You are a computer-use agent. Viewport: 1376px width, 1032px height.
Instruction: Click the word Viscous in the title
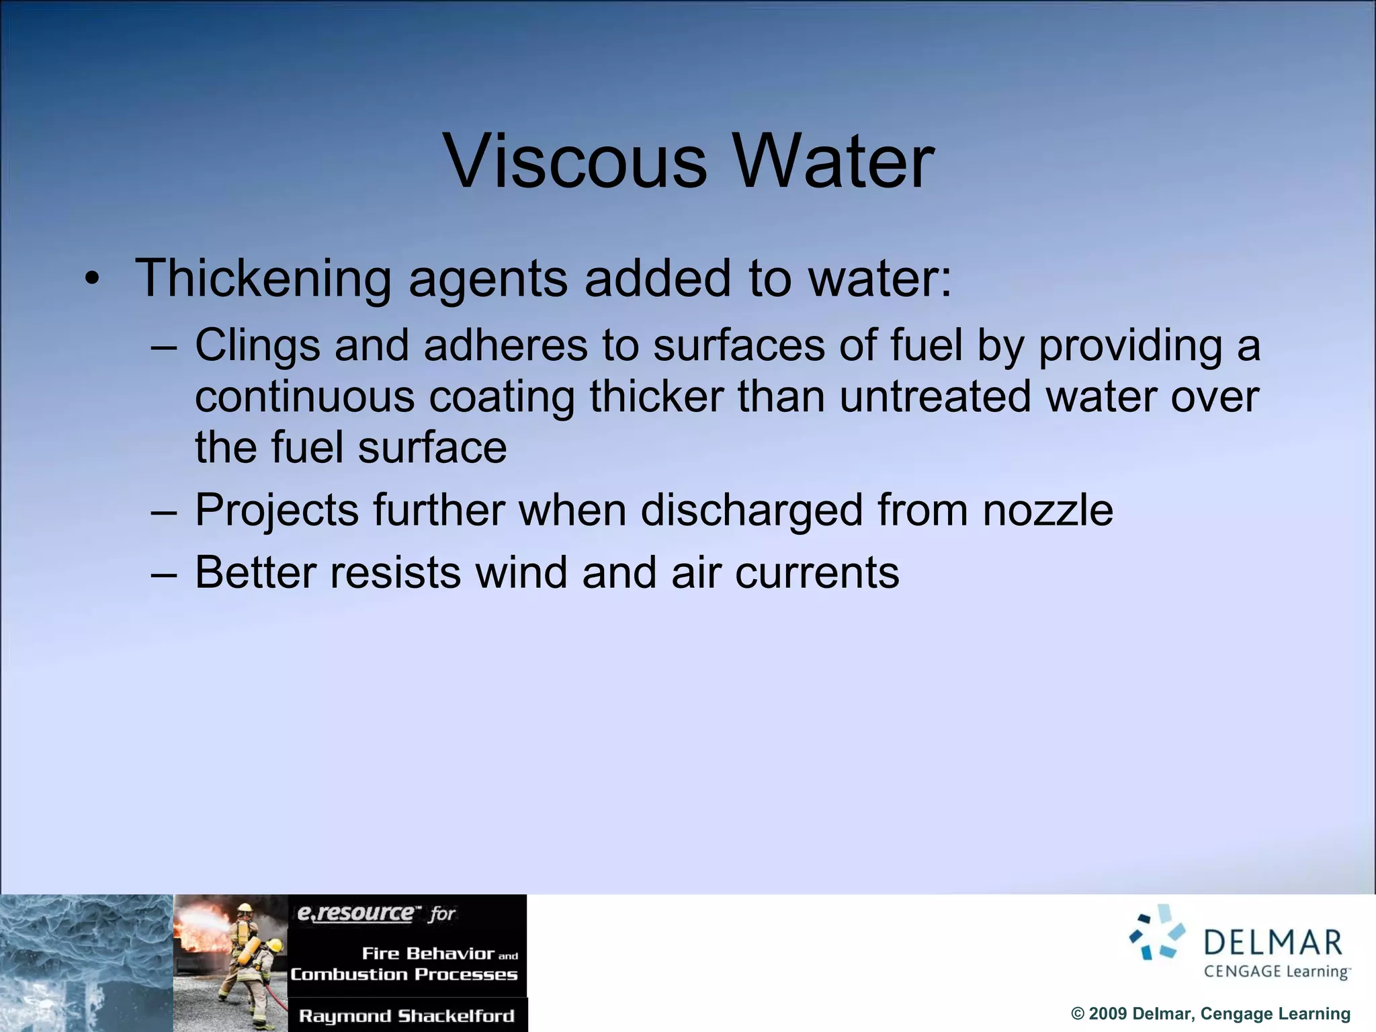tap(576, 162)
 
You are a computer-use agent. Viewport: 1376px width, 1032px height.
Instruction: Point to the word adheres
tap(505, 345)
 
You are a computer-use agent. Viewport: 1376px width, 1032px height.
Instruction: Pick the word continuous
tap(304, 396)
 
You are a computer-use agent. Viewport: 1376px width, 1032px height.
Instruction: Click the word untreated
tap(935, 396)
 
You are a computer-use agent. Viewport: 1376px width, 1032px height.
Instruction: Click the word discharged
tap(751, 511)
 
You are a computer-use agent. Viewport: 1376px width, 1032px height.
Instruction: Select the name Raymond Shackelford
tap(406, 1016)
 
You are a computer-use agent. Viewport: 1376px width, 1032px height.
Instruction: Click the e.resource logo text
tap(355, 913)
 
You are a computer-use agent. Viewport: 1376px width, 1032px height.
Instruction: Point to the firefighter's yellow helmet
tap(245, 909)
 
